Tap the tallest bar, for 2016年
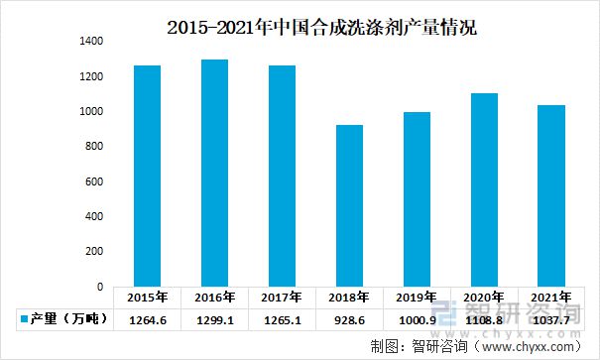click(x=214, y=173)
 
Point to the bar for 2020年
click(x=483, y=189)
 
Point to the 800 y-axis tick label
click(x=94, y=147)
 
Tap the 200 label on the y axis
click(x=94, y=252)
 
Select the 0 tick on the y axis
click(x=100, y=287)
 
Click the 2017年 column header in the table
click(x=282, y=298)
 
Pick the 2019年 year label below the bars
click(x=417, y=298)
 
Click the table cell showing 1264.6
click(x=148, y=318)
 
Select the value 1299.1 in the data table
click(x=214, y=318)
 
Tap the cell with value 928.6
click(x=349, y=318)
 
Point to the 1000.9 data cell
click(x=417, y=318)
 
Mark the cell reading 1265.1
click(x=282, y=318)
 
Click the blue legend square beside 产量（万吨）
click(x=23, y=318)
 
